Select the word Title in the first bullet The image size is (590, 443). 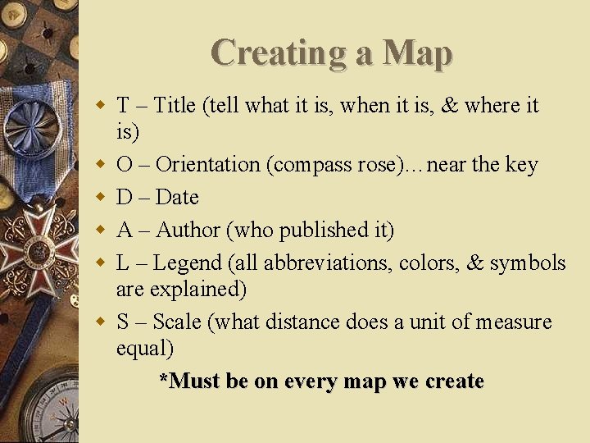coord(175,105)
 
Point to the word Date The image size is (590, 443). coord(177,197)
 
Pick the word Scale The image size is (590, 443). coord(176,322)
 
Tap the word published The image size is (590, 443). coord(323,230)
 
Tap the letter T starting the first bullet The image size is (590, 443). coord(123,105)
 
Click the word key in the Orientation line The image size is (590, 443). coord(522,164)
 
